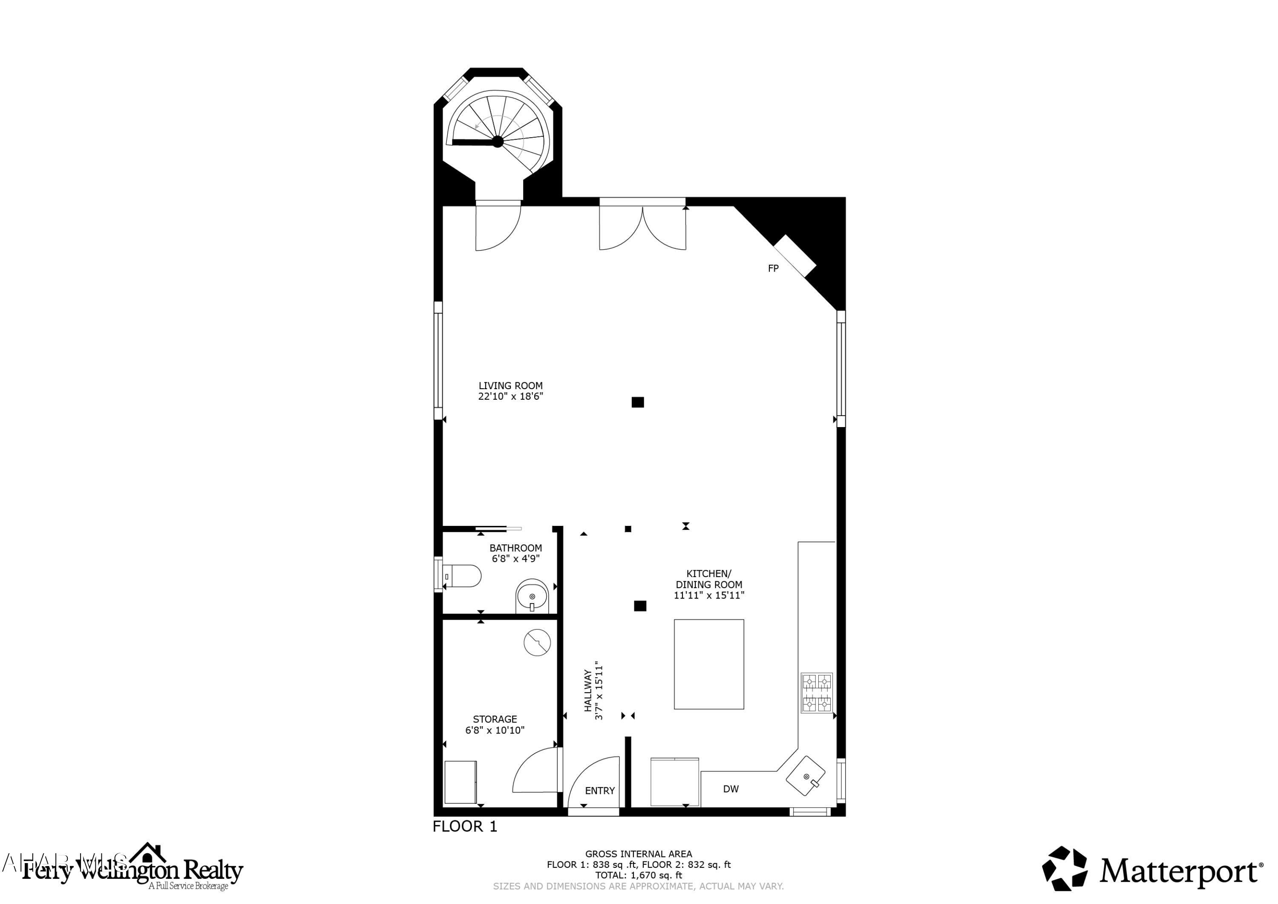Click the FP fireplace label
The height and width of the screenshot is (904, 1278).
pyautogui.click(x=773, y=269)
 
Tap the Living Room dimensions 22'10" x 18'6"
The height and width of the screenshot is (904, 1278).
pyautogui.click(x=510, y=396)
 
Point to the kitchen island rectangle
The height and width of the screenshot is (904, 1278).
pyautogui.click(x=708, y=664)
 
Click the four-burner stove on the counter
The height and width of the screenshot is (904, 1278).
pyautogui.click(x=816, y=693)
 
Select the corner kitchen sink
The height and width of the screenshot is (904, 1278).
pyautogui.click(x=806, y=775)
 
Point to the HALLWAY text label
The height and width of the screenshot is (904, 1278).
pyautogui.click(x=588, y=690)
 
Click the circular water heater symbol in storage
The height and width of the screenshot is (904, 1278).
pyautogui.click(x=537, y=642)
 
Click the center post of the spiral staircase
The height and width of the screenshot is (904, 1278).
pyautogui.click(x=498, y=142)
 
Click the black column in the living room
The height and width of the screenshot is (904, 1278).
pyautogui.click(x=637, y=402)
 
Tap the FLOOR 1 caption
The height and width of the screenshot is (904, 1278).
pyautogui.click(x=465, y=826)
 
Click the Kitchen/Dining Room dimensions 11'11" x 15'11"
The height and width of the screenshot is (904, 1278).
pyautogui.click(x=708, y=595)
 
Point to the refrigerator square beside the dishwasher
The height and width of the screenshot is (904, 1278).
pyautogui.click(x=674, y=781)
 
